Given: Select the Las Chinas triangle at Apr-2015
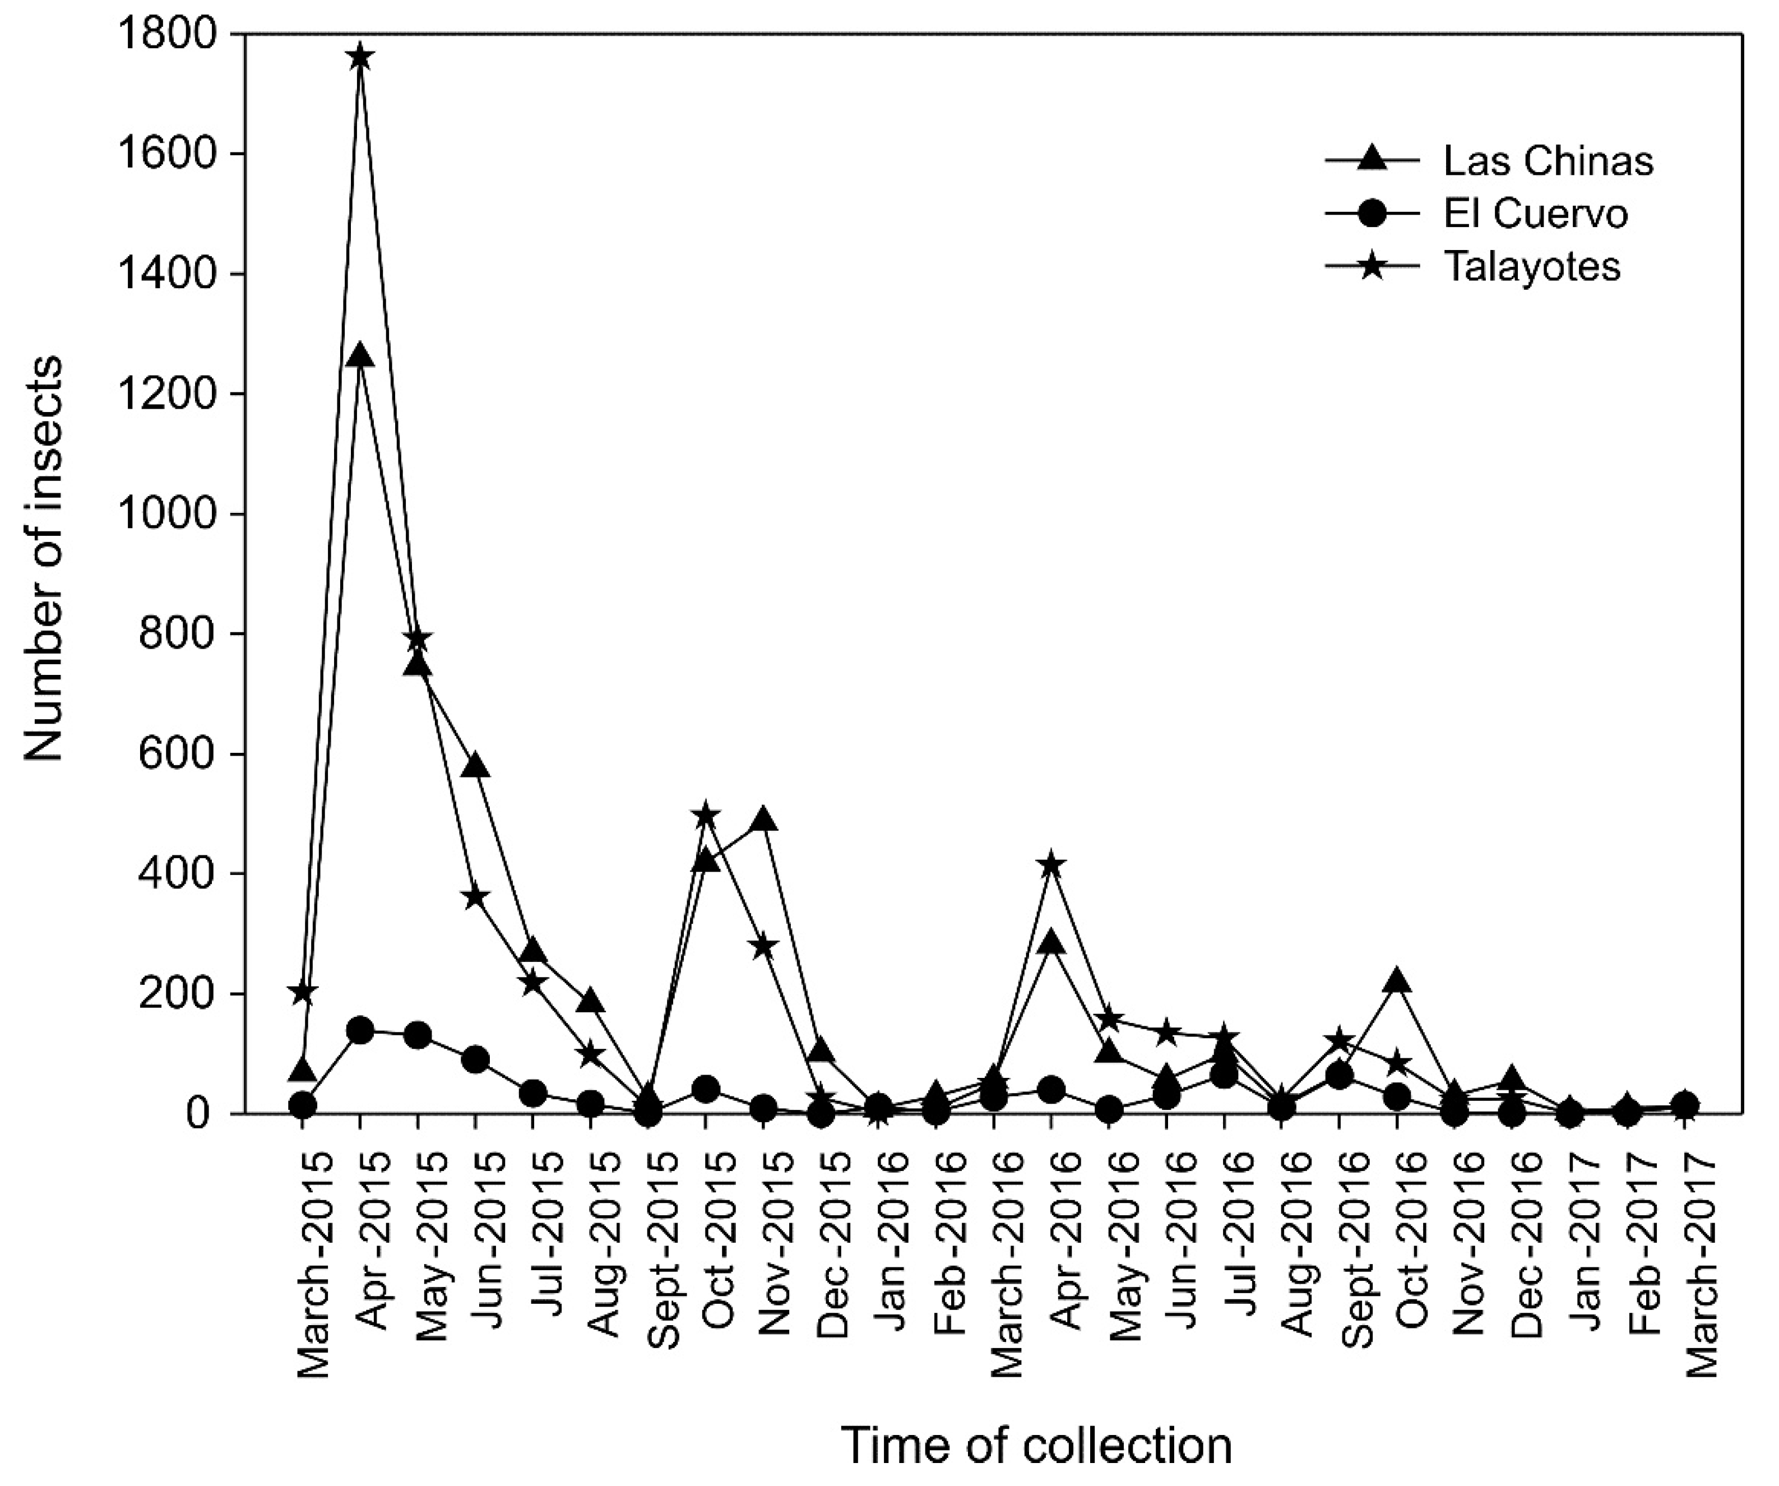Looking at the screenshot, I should pos(361,356).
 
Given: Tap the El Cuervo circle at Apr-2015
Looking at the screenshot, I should pos(361,1030).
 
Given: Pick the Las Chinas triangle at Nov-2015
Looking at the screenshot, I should pos(764,820).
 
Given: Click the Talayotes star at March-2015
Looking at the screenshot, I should pos(303,992).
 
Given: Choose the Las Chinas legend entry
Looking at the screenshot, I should pos(1490,161).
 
